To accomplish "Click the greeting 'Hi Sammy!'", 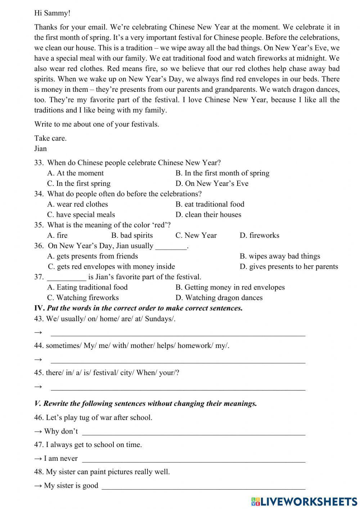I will pos(52,13).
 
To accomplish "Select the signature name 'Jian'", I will pos(40,148).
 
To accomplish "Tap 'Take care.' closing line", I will pos(50,138).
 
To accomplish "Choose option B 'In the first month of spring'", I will pos(222,173).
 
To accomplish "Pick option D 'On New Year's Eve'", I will pos(212,183).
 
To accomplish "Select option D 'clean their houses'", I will pos(208,215).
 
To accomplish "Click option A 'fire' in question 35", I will pos(57,235).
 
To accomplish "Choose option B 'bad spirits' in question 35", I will pos(132,235).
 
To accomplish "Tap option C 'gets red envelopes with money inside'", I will pos(111,267).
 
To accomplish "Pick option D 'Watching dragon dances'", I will pos(219,298).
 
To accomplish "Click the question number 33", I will pos(39,162).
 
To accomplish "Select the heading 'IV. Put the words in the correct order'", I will pos(138,308).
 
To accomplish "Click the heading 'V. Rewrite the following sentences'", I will pos(145,403).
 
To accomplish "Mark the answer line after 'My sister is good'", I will pos(203,488).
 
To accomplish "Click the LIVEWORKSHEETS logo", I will pos(304,501).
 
